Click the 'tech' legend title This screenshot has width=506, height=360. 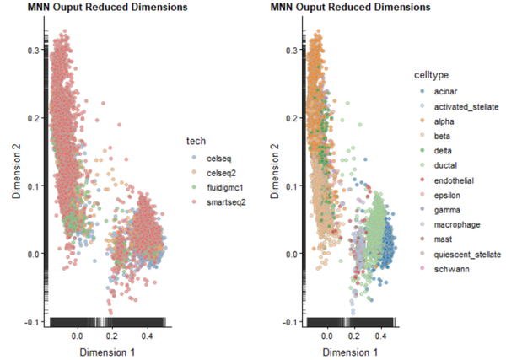(x=196, y=140)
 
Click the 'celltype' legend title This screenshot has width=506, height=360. (x=431, y=73)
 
